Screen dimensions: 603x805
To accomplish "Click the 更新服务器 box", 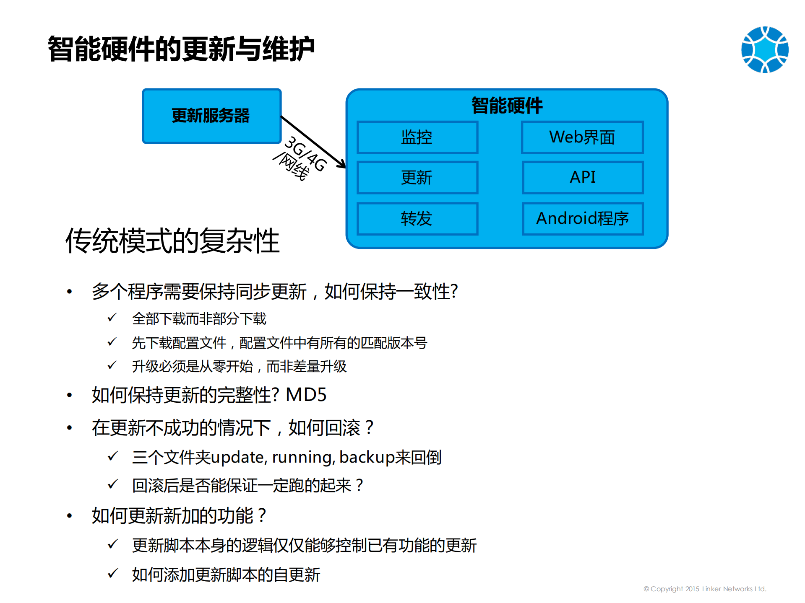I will (211, 116).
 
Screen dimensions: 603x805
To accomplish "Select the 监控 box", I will (417, 137).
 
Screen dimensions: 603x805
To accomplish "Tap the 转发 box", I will (417, 219).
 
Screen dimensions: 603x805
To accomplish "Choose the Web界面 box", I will (582, 137).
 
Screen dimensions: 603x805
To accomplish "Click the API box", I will (583, 177).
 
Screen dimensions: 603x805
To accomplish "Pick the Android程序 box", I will (583, 219).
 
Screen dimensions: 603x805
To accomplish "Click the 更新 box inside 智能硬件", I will (417, 178).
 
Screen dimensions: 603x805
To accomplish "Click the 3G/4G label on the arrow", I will (306, 154).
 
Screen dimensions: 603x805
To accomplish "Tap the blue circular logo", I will (765, 49).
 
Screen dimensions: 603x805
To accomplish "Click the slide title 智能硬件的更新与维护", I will (181, 49).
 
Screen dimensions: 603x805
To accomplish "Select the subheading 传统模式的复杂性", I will (172, 241).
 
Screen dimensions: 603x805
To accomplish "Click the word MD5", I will (306, 395).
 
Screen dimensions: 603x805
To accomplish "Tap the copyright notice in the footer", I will (705, 589).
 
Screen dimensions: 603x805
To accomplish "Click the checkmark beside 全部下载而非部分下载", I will (112, 318).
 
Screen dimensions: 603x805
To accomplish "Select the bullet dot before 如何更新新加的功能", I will (70, 516).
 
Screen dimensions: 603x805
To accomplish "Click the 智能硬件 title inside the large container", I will (507, 105).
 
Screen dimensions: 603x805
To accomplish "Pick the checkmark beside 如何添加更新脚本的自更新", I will (112, 573).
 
